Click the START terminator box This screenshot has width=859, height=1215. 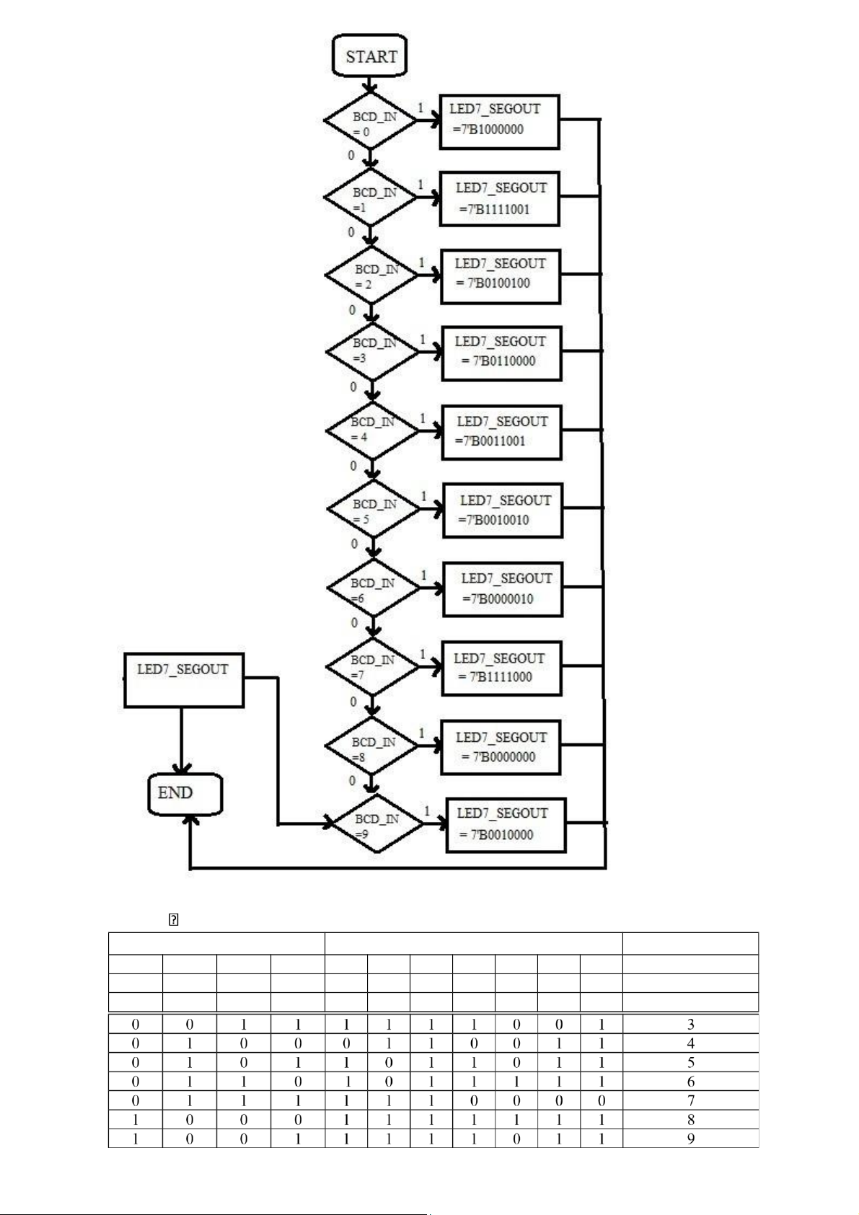coord(369,56)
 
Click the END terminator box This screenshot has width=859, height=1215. coord(185,794)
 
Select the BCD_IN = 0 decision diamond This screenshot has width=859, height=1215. coord(371,121)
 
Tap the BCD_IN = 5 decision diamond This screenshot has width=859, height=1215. coord(373,509)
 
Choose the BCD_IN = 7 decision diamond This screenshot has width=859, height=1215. coord(372,667)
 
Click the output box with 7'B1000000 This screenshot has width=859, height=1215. coord(499,121)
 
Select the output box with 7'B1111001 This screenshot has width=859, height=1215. coord(499,199)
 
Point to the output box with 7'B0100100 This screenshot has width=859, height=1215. coord(501,276)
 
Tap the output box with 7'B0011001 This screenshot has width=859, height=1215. coord(501,432)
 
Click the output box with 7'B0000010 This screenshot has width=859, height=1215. coord(502,589)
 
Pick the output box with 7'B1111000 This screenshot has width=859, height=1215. coord(501,668)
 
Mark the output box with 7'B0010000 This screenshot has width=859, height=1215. coord(505,825)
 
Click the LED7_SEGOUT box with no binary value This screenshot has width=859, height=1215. coord(184,679)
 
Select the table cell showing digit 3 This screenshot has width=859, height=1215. coord(690,1024)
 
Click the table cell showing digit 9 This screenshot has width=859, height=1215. coord(690,1139)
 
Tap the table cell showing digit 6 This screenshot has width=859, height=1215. coord(690,1082)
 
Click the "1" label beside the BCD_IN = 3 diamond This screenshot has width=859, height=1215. coord(423,340)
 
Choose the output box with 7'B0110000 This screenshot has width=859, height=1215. coord(501,353)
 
